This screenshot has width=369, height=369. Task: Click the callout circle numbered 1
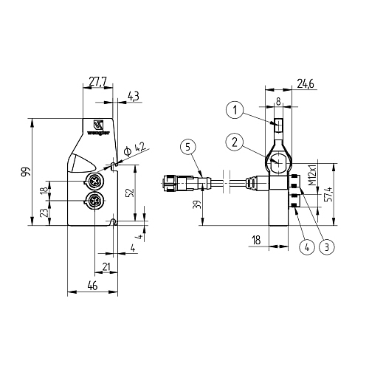pos(234,110)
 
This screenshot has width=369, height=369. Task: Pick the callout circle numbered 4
pos(303,247)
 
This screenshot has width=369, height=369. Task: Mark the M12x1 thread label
pos(312,174)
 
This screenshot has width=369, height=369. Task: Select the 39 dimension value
pos(196,206)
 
